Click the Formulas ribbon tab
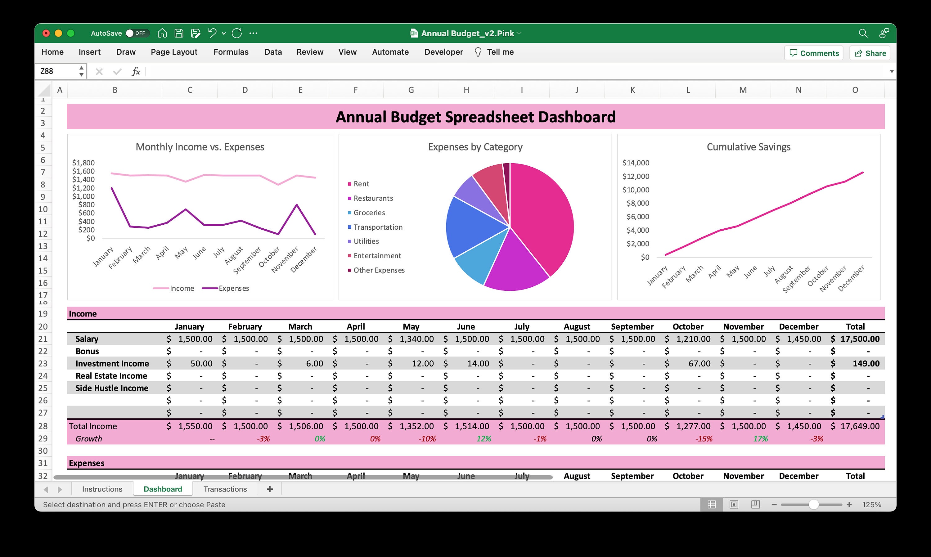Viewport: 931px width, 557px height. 231,52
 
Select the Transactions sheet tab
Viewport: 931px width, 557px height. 225,489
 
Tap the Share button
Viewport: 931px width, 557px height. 870,53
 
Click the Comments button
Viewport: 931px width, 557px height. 814,53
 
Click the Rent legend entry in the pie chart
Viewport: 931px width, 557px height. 361,184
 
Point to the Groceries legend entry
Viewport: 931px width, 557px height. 369,213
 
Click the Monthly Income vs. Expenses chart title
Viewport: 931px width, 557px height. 200,147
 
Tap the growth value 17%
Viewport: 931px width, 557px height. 760,439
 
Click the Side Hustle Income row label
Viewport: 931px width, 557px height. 112,388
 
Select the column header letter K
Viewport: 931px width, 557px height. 632,90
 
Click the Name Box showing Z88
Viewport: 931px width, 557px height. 58,71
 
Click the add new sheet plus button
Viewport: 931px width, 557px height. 269,489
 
